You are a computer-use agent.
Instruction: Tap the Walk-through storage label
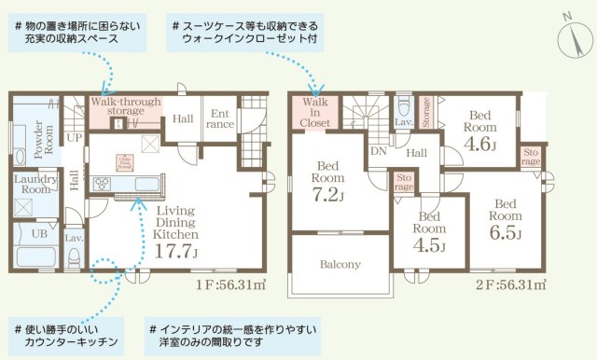pos(125,106)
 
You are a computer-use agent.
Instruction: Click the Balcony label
pos(340,264)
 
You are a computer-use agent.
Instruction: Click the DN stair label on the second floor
pos(379,150)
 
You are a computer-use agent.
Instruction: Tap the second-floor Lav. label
pos(404,121)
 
